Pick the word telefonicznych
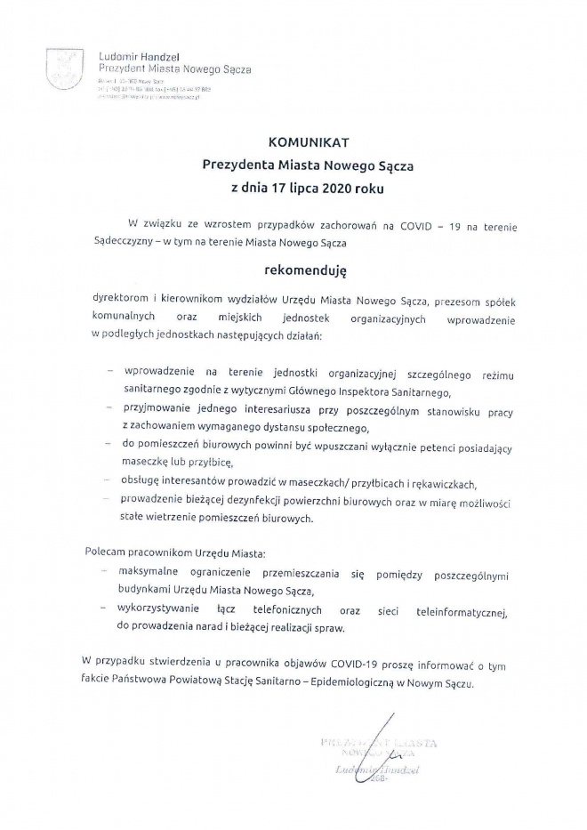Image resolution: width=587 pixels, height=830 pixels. click(x=293, y=611)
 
